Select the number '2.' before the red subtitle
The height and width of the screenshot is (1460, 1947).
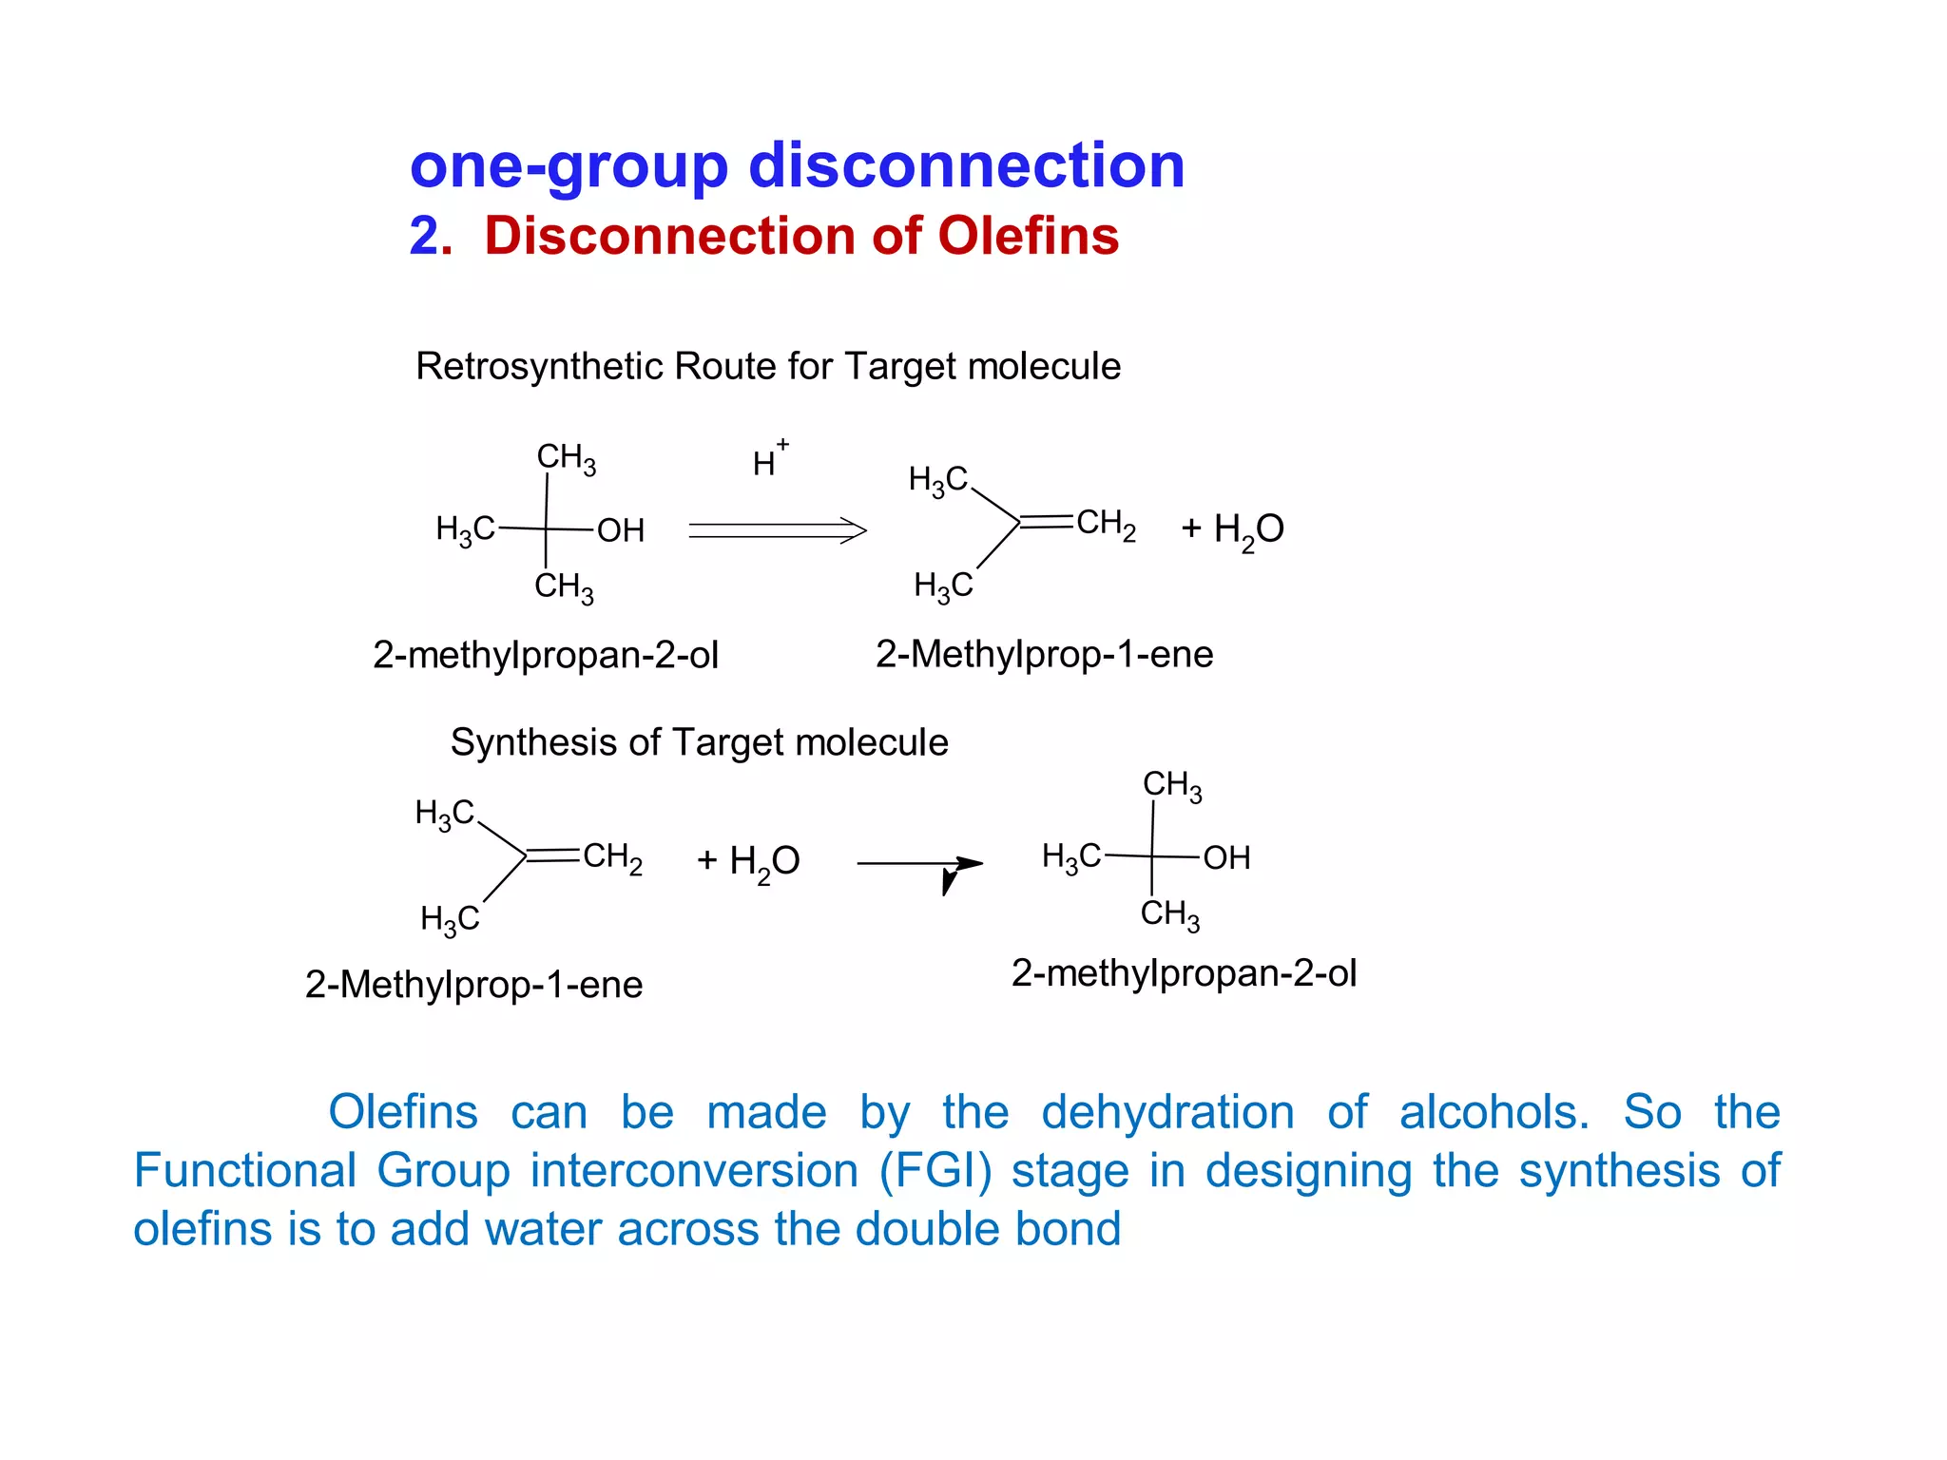pyautogui.click(x=431, y=236)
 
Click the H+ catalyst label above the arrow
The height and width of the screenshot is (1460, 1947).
pyautogui.click(x=769, y=460)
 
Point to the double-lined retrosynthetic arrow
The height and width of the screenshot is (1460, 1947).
pyautogui.click(x=777, y=529)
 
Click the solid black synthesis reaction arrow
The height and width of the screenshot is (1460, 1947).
pyautogui.click(x=918, y=864)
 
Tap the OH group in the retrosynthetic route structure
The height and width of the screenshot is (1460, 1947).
pyautogui.click(x=621, y=530)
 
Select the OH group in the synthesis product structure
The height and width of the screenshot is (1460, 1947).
pyautogui.click(x=1226, y=858)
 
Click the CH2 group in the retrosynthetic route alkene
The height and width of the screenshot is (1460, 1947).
pyautogui.click(x=1106, y=524)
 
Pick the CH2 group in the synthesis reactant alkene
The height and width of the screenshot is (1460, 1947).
pyautogui.click(x=612, y=857)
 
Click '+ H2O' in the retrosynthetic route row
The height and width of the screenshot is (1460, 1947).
pyautogui.click(x=1232, y=528)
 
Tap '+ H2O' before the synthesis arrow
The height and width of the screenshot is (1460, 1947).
pyautogui.click(x=748, y=861)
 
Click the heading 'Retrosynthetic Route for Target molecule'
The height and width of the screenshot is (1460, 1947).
pyautogui.click(x=768, y=366)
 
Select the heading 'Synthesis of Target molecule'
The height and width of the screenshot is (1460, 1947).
pyautogui.click(x=699, y=742)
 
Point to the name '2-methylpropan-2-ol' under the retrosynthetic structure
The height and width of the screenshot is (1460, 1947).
pyautogui.click(x=546, y=655)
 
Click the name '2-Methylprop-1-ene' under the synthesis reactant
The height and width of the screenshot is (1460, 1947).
pyautogui.click(x=473, y=985)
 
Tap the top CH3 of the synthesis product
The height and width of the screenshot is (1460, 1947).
pyautogui.click(x=1172, y=786)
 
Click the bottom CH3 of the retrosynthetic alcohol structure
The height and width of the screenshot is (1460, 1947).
pyautogui.click(x=564, y=586)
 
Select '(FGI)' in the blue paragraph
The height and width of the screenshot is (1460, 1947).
pyautogui.click(x=935, y=1170)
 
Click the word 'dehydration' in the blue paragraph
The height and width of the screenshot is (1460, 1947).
pyautogui.click(x=1167, y=1112)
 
